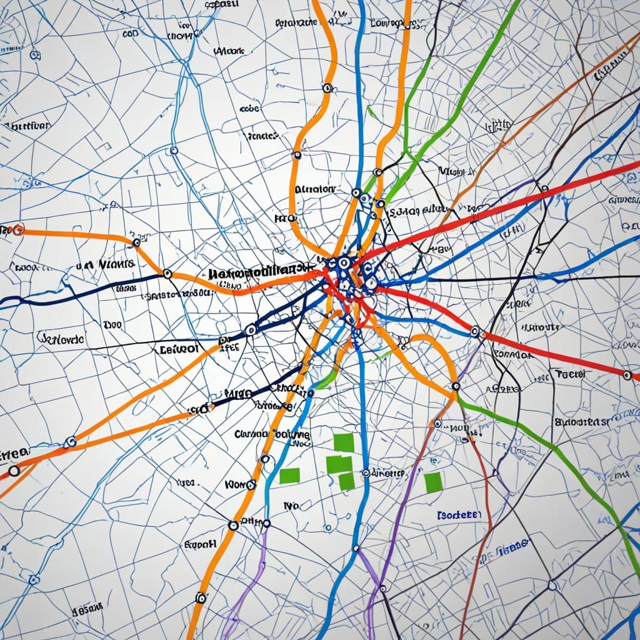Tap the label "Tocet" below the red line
[569, 374]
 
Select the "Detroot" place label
[179, 349]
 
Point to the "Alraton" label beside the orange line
[314, 188]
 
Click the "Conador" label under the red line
[512, 354]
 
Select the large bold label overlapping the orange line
[260, 272]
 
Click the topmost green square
[344, 442]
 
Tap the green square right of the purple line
[432, 481]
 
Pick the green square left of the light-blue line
[289, 475]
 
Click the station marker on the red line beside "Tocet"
[627, 375]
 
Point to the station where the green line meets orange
[454, 387]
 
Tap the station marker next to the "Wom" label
[251, 484]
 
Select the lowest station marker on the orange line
[201, 597]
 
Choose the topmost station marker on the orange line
[327, 88]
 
